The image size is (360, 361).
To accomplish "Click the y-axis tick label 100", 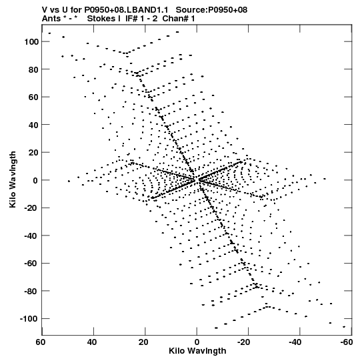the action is tap(31, 42).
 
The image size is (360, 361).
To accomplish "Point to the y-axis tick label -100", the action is tap(29, 319).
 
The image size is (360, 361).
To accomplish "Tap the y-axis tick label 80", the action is tap(33, 69).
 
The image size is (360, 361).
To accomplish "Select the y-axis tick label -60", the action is tap(31, 264).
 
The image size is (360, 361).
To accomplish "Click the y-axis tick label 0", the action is tap(35, 180).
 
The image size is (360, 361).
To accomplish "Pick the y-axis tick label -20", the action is tap(31, 208).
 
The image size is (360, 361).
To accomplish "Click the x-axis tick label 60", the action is tap(40, 342).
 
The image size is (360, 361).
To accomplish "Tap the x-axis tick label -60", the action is tap(347, 342).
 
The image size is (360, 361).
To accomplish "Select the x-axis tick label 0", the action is tap(197, 342).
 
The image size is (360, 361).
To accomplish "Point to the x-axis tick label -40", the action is tap(295, 342).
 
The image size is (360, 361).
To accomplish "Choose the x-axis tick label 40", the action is tap(92, 342).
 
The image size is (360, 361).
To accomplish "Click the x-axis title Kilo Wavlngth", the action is tap(197, 351).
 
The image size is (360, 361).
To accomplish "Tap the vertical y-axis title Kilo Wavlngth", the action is tap(13, 179).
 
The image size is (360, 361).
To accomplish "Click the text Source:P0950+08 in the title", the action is tap(211, 10).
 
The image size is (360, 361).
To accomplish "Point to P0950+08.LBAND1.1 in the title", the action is tap(126, 10).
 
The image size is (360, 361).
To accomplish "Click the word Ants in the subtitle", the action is tap(51, 19).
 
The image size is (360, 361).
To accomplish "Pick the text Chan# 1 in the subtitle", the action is tap(179, 19).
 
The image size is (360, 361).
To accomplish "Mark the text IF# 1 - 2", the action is tap(141, 19).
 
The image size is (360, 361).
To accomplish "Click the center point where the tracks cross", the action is tap(197, 180).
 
